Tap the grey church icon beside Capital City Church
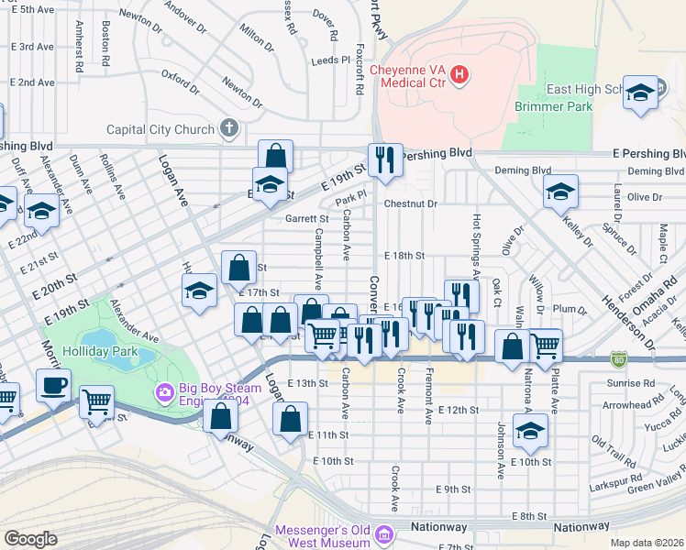228,129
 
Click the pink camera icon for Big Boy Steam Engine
165,392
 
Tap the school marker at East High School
640,93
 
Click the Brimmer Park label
555,106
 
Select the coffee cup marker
53,385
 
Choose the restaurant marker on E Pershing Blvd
385,159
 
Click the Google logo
30,539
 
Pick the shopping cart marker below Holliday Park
95,401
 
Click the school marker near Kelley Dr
560,192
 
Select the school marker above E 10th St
529,430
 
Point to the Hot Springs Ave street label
476,246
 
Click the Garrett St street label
306,219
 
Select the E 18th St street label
404,256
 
